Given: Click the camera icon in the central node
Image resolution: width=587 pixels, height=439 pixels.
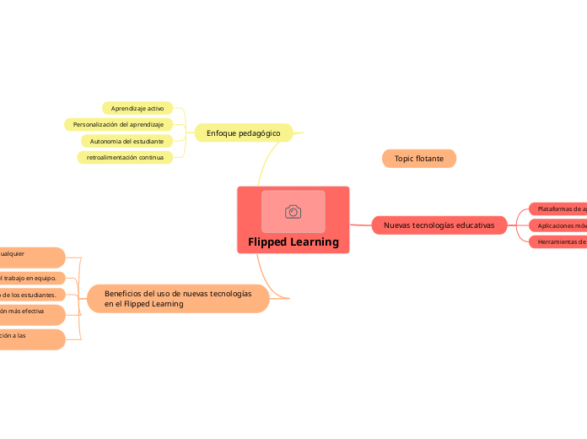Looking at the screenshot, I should coord(293,212).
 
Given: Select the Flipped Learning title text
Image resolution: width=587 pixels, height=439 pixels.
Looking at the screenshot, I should coord(293,242).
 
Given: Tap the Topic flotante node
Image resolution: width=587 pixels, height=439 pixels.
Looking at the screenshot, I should coord(419,159).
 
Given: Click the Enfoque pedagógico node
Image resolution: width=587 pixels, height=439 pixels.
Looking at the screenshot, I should coord(243,133).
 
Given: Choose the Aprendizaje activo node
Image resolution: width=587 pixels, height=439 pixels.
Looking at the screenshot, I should coord(137,108).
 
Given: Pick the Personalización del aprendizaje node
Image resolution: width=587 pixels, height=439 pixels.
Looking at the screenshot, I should coord(118,124).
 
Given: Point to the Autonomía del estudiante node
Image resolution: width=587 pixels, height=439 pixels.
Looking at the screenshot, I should coord(127,141).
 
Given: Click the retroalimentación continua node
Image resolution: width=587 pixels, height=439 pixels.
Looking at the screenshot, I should coord(125,157).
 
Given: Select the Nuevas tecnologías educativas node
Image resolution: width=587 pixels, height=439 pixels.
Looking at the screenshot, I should coord(439,225).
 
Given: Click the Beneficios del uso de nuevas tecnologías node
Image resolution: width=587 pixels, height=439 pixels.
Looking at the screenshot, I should coord(178,298).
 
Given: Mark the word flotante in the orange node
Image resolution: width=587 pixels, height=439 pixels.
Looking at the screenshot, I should coord(429,159).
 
